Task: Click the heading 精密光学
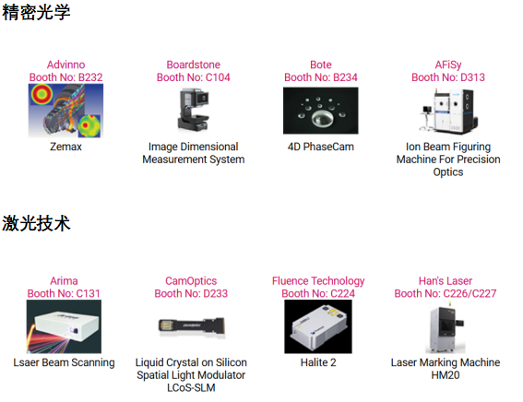tap(36, 12)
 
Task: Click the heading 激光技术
tap(36, 223)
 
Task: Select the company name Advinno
tap(65, 65)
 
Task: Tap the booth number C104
tap(218, 77)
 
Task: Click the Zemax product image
tap(65, 111)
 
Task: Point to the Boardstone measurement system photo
tap(194, 110)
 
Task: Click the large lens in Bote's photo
tap(322, 119)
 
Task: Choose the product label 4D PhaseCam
tap(321, 147)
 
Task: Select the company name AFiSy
tap(448, 65)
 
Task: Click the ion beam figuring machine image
tap(448, 111)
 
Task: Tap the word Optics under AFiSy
tap(448, 172)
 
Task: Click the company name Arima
tap(64, 281)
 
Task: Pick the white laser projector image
tap(64, 326)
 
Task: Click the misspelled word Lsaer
tap(27, 362)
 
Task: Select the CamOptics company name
tap(191, 281)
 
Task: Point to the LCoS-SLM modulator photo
tap(192, 326)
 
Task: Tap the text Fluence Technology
tap(318, 281)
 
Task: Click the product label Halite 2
tap(318, 362)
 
